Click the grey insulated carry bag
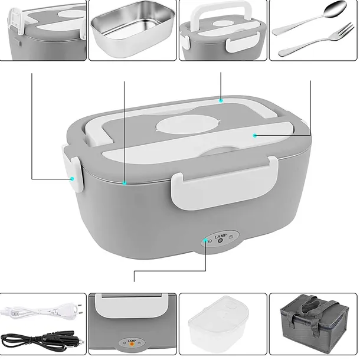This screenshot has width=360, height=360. tap(314, 324)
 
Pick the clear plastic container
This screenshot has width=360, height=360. tap(218, 324)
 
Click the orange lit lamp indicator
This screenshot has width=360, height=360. tap(132, 343)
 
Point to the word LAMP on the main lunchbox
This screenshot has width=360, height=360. tap(220, 236)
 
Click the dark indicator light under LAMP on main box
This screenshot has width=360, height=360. tap(220, 241)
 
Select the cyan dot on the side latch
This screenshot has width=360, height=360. tap(73, 179)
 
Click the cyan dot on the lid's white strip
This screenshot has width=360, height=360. tap(254, 136)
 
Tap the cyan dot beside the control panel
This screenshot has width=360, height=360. tap(205, 240)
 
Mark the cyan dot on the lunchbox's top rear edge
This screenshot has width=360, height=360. tap(221, 100)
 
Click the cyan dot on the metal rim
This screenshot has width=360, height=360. tap(125, 183)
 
